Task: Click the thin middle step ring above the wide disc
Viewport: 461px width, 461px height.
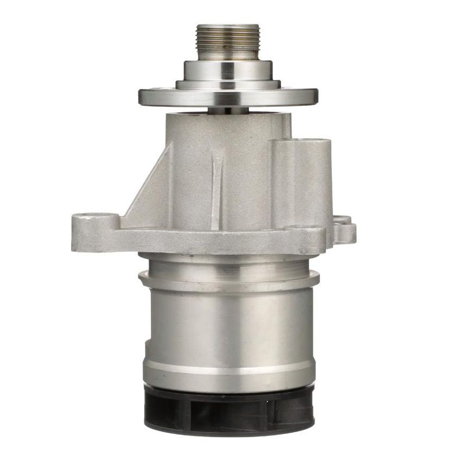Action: click(x=228, y=85)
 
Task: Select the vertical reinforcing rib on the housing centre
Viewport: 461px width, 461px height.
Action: click(x=217, y=190)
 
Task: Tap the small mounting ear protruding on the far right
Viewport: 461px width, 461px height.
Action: click(x=345, y=230)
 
